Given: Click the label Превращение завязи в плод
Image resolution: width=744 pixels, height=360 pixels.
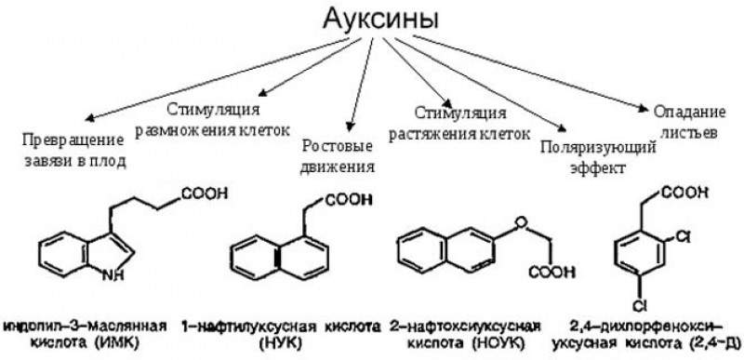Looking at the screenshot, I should coord(74,150).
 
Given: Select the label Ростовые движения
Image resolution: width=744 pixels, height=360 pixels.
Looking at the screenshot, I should coord(339,157).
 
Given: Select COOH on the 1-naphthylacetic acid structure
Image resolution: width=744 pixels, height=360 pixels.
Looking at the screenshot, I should coord(349,198).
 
